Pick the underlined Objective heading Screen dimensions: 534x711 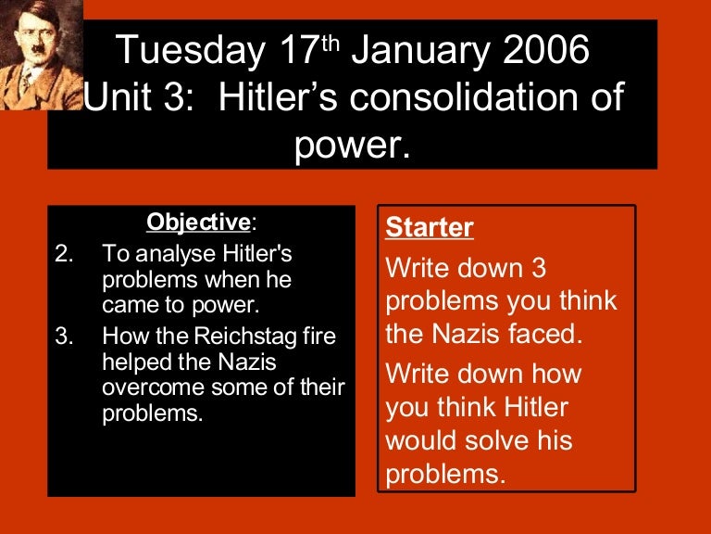pos(198,222)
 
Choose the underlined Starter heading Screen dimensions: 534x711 pos(430,227)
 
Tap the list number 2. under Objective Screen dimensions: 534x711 pos(64,254)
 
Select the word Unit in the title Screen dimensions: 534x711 pos(118,97)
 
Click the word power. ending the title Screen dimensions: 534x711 pos(353,145)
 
